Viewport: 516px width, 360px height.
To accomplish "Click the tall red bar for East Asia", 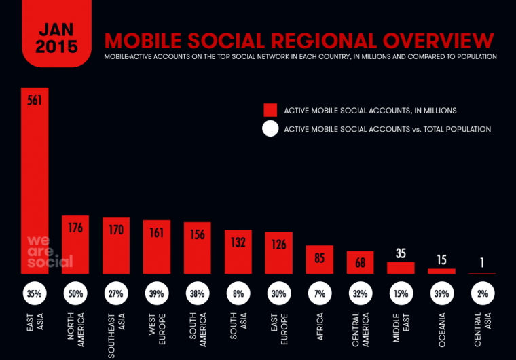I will [35, 183].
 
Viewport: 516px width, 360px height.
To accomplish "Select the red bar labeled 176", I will [75, 245].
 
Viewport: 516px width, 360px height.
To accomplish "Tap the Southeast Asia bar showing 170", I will [116, 246].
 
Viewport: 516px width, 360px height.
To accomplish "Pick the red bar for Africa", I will [319, 259].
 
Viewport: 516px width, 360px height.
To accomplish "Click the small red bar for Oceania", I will [441, 271].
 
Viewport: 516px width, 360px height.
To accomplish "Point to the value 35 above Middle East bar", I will [401, 254].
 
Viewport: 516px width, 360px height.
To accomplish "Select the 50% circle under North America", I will [75, 294].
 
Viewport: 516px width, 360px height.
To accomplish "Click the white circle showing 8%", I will [238, 294].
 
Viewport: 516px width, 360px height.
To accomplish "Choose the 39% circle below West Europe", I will [157, 294].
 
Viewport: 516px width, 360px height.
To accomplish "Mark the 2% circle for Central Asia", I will [482, 294].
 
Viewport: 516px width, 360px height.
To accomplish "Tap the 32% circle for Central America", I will [360, 294].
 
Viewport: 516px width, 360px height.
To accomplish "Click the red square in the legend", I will [270, 110].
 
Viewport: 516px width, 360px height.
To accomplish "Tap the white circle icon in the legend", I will [270, 129].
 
